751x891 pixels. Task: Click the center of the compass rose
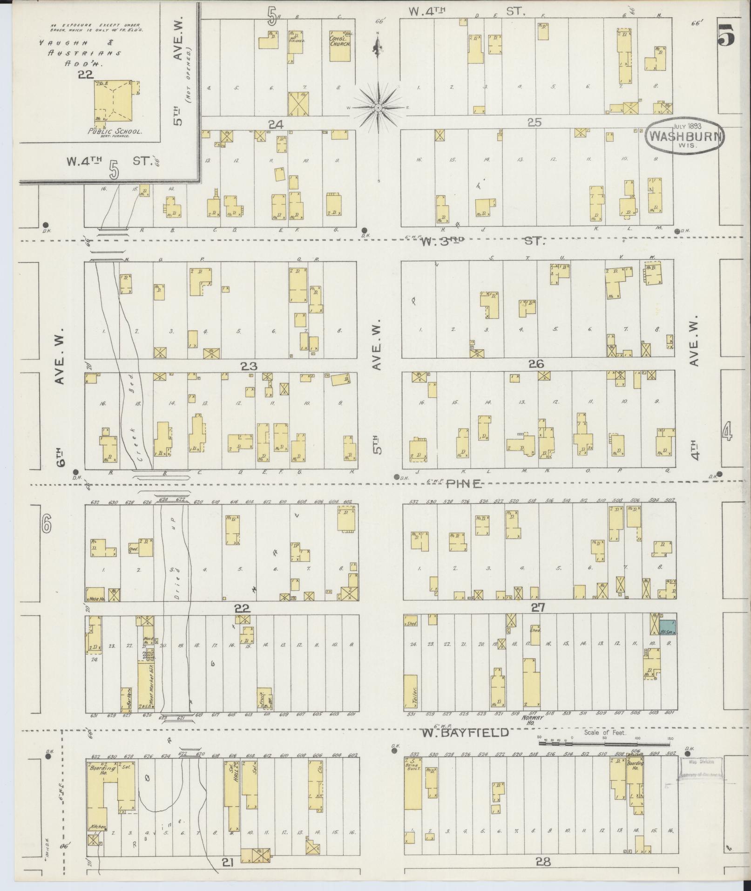(x=379, y=108)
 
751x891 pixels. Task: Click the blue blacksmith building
(x=668, y=626)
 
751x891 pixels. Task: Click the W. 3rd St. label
(x=482, y=241)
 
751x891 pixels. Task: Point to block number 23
(x=248, y=366)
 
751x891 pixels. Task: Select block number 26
(x=536, y=364)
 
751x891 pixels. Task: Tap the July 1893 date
(x=687, y=126)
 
